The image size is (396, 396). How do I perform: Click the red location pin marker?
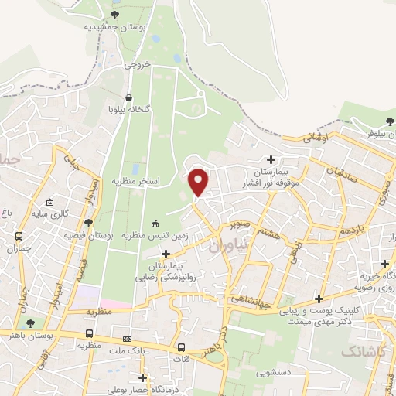click(x=199, y=181)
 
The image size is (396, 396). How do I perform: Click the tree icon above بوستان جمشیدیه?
click(x=115, y=14)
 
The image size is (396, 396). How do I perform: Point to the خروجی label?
click(x=136, y=67)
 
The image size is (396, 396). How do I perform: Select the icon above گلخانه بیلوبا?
click(x=131, y=97)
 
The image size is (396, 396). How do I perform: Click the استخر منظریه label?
click(x=138, y=180)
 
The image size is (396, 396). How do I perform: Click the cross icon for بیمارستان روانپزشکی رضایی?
click(x=165, y=254)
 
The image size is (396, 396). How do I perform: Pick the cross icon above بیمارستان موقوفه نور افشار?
click(x=271, y=159)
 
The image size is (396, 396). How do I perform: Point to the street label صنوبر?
click(x=241, y=226)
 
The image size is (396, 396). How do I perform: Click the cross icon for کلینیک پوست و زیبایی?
click(x=319, y=299)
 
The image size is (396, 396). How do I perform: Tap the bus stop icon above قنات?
click(x=182, y=347)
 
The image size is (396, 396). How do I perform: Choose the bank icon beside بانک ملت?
click(x=127, y=339)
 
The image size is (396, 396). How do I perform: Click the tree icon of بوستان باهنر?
click(x=30, y=324)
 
